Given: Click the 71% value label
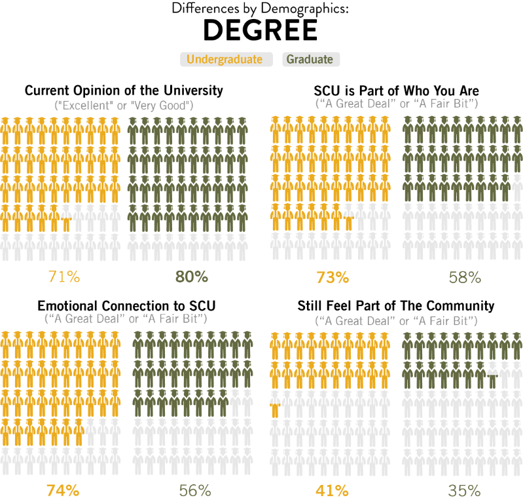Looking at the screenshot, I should tap(63, 277).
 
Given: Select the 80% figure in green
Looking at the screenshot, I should tap(191, 277).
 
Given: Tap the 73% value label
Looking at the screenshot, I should tap(333, 277).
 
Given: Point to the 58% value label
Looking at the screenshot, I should tap(465, 277).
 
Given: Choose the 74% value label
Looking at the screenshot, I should tap(63, 490).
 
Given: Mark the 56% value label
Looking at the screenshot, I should tap(195, 490).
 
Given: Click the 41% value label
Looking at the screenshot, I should tap(333, 490).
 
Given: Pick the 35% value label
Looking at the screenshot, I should tap(464, 490).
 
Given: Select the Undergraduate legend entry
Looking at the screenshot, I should tap(226, 60).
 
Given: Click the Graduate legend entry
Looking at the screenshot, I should tap(310, 60).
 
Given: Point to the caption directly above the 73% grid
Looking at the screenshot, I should tap(397, 104).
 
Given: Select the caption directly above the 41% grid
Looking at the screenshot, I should tap(397, 321).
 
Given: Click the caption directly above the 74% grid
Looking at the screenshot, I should tap(126, 318).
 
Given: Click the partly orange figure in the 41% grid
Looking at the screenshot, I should tap(276, 404).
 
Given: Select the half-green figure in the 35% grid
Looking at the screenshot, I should tap(493, 375).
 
